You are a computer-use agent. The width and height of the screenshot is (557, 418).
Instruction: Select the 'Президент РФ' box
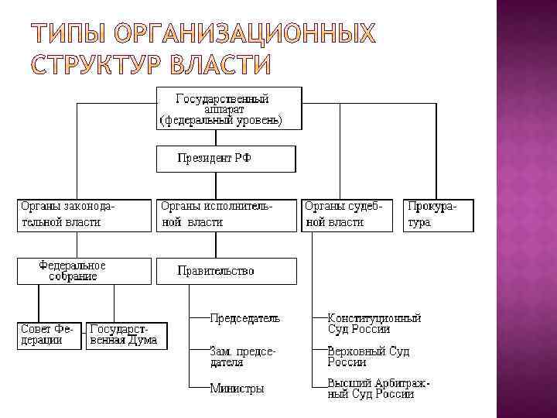point(226,159)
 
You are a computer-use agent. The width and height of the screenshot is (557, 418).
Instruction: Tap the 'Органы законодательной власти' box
point(84,215)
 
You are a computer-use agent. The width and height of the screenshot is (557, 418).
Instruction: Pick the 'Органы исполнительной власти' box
point(226,215)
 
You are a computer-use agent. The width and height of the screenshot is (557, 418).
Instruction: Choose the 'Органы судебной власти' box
point(346,215)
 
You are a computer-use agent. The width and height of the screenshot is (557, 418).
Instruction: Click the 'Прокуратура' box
point(437,215)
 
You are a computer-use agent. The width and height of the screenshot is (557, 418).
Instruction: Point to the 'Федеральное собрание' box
point(84,271)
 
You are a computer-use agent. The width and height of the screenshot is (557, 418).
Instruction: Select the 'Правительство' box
point(226,271)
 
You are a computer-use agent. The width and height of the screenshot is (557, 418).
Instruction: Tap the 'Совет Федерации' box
point(50,335)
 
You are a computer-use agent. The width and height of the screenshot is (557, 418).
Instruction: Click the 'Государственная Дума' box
point(127,335)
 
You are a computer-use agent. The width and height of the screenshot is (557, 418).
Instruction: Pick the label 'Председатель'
point(245,318)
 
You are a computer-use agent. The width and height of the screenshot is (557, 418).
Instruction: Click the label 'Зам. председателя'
point(242,356)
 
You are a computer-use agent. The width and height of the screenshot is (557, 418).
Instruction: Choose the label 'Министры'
point(237,389)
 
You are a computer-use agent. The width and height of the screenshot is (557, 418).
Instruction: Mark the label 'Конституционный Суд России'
point(374,324)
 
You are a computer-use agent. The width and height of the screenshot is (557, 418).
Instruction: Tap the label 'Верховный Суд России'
point(368,356)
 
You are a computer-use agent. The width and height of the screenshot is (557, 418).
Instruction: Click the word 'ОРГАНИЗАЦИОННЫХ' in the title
point(243,35)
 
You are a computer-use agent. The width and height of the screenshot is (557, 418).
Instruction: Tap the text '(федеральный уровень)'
point(221,121)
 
